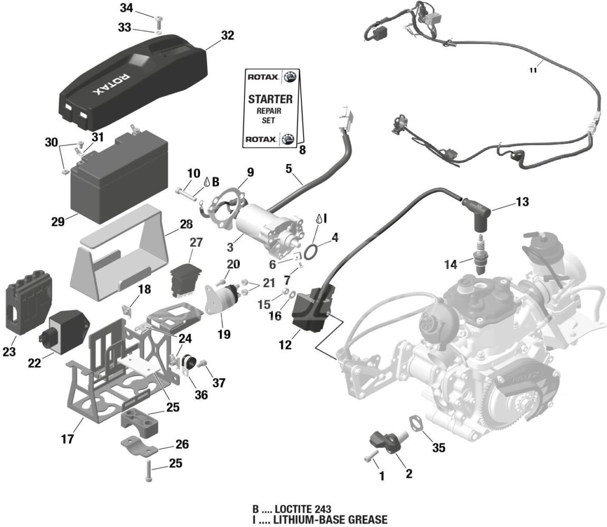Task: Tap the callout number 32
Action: [x=228, y=36]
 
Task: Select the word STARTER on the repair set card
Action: [x=270, y=99]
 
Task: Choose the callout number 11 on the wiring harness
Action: [x=533, y=70]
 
